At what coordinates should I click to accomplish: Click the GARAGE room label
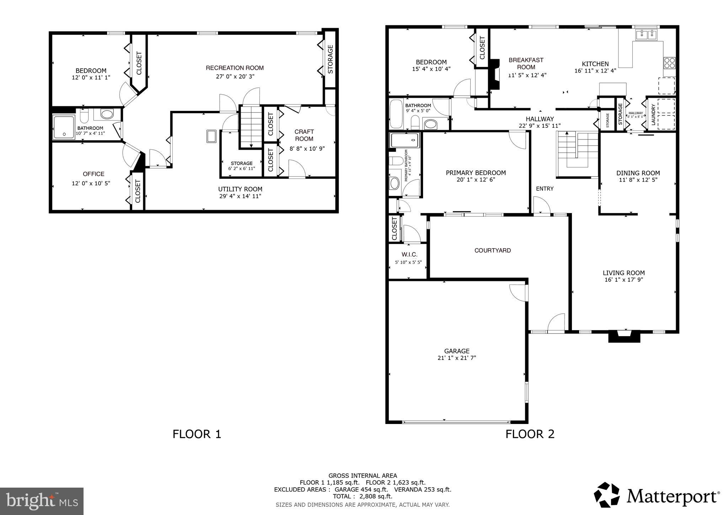pyautogui.click(x=456, y=351)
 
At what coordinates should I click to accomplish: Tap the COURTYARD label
pyautogui.click(x=492, y=250)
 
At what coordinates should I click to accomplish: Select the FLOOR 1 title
pyautogui.click(x=197, y=434)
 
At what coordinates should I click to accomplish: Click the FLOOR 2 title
pyautogui.click(x=530, y=434)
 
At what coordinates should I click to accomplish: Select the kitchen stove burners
pyautogui.click(x=669, y=63)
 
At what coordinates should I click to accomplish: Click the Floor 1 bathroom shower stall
pyautogui.click(x=64, y=127)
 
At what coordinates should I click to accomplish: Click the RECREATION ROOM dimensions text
pyautogui.click(x=235, y=76)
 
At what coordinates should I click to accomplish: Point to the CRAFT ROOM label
pyautogui.click(x=304, y=135)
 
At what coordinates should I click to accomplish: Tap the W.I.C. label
pyautogui.click(x=409, y=255)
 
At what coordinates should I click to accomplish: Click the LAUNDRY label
pyautogui.click(x=653, y=115)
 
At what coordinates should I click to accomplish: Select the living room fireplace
pyautogui.click(x=624, y=336)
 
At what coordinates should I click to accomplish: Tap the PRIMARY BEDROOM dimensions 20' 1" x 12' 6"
pyautogui.click(x=476, y=180)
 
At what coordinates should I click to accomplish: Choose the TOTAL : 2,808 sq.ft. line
pyautogui.click(x=362, y=496)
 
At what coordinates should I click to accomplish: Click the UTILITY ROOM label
pyautogui.click(x=240, y=189)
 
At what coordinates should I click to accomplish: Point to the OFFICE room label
pyautogui.click(x=93, y=174)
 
